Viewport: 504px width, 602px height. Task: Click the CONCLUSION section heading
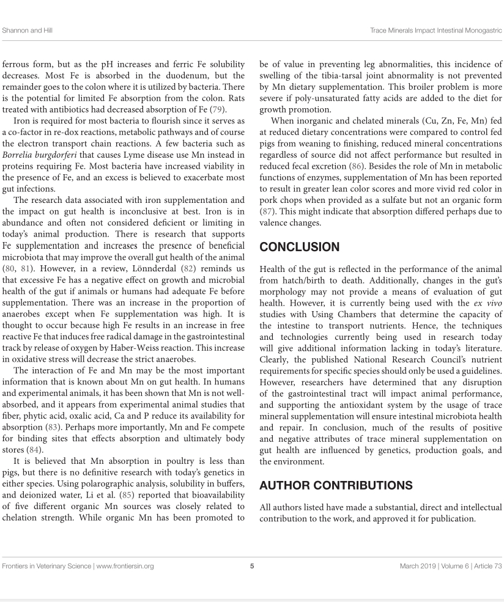(300, 248)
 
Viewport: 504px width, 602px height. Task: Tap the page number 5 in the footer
(252, 567)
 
